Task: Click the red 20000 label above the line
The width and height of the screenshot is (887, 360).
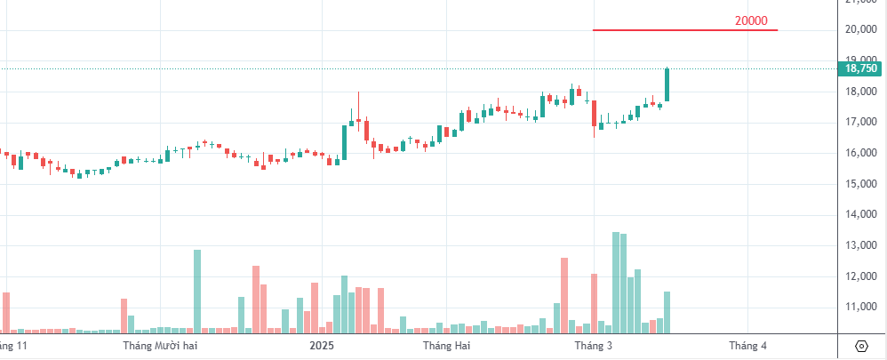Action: pyautogui.click(x=751, y=21)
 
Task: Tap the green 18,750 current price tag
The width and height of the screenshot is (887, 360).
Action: pyautogui.click(x=861, y=68)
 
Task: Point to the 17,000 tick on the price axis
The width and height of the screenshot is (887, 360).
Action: pyautogui.click(x=861, y=122)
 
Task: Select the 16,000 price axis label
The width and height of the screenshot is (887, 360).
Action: pyautogui.click(x=861, y=153)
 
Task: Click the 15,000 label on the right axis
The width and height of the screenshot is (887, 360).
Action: pyautogui.click(x=861, y=184)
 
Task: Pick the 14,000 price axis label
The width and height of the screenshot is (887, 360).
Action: pyautogui.click(x=861, y=214)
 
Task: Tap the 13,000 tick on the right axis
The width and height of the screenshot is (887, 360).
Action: pyautogui.click(x=861, y=245)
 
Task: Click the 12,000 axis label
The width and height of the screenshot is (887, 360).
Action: pyautogui.click(x=861, y=276)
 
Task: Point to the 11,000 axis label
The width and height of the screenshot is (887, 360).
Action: pyautogui.click(x=861, y=307)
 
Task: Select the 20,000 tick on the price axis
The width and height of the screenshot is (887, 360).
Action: pyautogui.click(x=861, y=29)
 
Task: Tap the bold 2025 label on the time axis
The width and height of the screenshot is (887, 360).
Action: pyautogui.click(x=322, y=345)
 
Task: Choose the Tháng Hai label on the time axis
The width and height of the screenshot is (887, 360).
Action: pyautogui.click(x=446, y=345)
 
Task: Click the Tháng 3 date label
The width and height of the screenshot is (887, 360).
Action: pyautogui.click(x=594, y=345)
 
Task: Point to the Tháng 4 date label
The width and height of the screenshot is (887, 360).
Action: pyautogui.click(x=747, y=345)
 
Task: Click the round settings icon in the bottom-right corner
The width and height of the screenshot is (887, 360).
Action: pyautogui.click(x=861, y=346)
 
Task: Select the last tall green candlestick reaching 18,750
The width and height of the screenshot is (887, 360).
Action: pyautogui.click(x=667, y=84)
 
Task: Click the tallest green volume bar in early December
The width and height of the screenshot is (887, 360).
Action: pyautogui.click(x=197, y=291)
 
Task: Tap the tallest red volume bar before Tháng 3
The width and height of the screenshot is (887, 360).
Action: pyautogui.click(x=564, y=295)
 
